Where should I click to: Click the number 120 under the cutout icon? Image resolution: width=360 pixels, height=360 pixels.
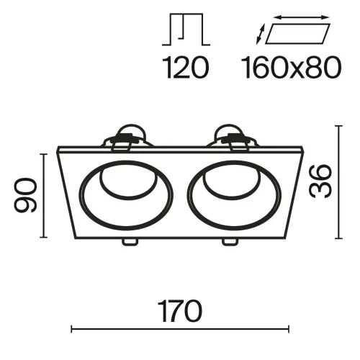tap(185, 68)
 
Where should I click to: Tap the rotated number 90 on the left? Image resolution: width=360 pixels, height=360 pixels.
tap(27, 194)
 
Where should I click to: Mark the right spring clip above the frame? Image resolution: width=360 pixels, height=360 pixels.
tap(233, 135)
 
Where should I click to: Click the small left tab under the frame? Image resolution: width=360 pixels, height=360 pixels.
tap(130, 242)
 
